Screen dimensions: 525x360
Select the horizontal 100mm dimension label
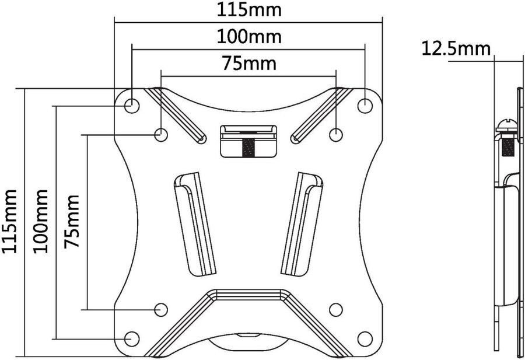pyautogui.click(x=249, y=36)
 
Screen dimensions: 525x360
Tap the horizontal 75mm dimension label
pyautogui.click(x=250, y=63)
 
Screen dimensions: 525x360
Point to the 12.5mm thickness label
pyautogui.click(x=456, y=48)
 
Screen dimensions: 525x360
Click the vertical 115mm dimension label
pyautogui.click(x=9, y=222)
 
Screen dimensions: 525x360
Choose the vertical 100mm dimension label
pyautogui.click(x=40, y=221)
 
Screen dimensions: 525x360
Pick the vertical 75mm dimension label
pyautogui.click(x=72, y=221)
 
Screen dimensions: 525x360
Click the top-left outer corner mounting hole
pyautogui.click(x=132, y=106)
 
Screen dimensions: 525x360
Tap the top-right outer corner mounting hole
pyautogui.click(x=365, y=106)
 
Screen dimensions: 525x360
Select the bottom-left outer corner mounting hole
pyautogui.click(x=132, y=338)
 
